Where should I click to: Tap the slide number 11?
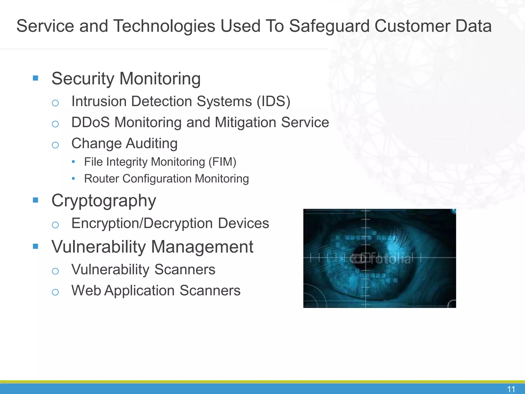pos(511,389)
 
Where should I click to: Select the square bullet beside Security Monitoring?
pos(36,78)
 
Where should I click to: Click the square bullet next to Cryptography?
pos(36,200)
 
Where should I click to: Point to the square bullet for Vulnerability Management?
pos(36,247)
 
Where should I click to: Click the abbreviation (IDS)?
pos(274,101)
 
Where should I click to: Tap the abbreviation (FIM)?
pos(222,162)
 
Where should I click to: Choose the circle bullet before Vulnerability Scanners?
pos(55,271)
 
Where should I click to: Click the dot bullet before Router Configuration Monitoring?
pos(74,179)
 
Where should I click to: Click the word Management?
pos(202,247)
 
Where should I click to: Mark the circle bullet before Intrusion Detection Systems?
pos(55,103)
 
